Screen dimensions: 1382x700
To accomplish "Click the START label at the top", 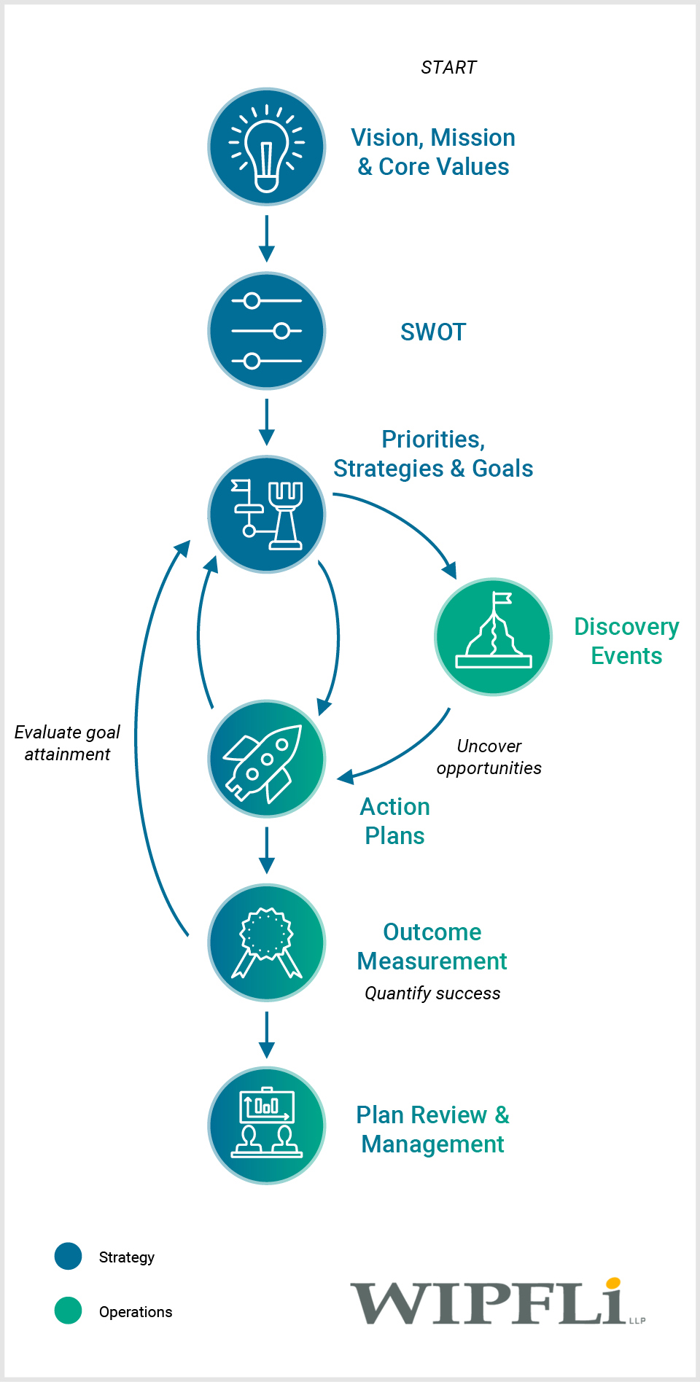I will tap(448, 68).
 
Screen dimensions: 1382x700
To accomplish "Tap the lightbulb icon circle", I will tap(267, 147).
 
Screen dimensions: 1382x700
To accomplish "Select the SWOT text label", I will tap(432, 332).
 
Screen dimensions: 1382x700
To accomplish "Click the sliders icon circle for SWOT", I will tap(267, 331).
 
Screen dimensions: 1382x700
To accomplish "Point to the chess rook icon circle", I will tap(267, 515).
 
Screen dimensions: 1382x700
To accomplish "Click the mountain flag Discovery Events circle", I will tap(494, 636).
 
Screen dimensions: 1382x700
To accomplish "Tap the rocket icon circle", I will tap(267, 759).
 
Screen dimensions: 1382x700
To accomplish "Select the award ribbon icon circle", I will tap(267, 942).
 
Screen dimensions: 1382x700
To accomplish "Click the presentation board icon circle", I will tap(267, 1125).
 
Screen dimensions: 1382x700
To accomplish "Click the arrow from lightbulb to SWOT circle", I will tap(267, 238).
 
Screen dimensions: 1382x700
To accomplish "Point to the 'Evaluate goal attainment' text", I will tap(67, 743).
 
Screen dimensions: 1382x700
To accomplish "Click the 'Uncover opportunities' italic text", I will tap(489, 757).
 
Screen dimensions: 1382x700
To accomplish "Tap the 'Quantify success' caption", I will tap(432, 993).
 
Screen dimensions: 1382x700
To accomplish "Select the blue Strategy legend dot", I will tap(69, 1257).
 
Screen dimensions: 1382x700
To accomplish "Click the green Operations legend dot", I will tap(69, 1311).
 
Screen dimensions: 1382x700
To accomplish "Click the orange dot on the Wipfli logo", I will tap(613, 1284).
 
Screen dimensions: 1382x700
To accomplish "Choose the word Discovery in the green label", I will tap(626, 627).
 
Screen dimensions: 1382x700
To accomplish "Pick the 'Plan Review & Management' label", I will tap(432, 1129).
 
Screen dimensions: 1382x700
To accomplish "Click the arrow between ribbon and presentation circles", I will tap(267, 1034).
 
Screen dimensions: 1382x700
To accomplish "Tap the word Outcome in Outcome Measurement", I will tap(432, 932).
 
